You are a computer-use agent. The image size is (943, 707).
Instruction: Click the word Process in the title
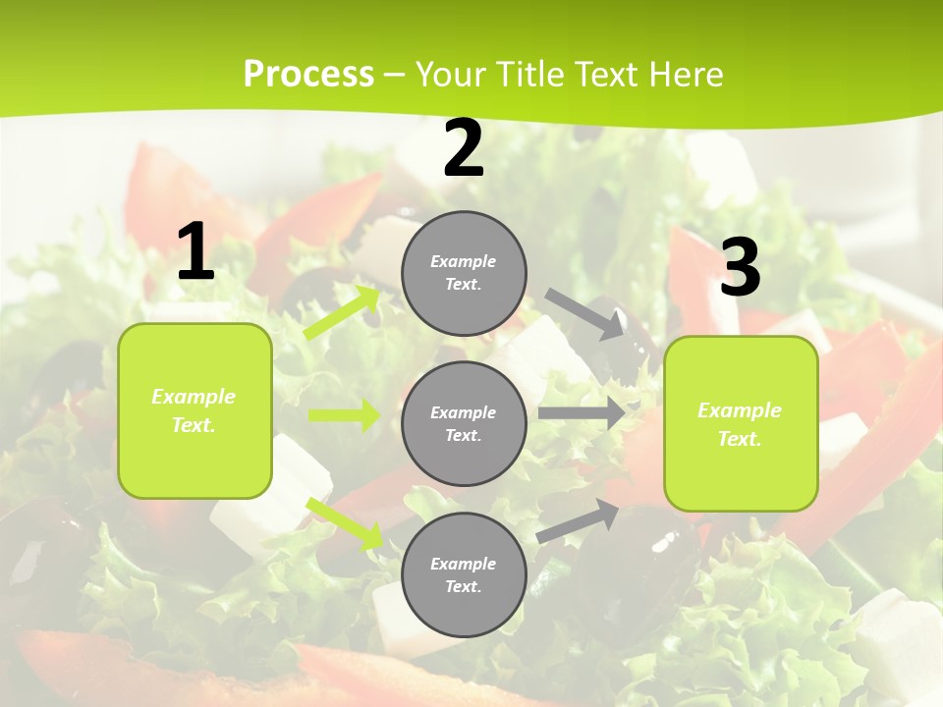click(308, 74)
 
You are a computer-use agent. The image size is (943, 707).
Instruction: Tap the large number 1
click(195, 252)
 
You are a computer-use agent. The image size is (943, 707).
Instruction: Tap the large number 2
click(464, 149)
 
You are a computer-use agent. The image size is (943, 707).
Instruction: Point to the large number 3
click(740, 267)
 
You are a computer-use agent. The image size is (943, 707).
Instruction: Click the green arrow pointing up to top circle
click(343, 312)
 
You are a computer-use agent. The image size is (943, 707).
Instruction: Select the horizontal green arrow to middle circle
click(344, 415)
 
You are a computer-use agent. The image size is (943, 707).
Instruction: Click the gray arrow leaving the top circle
click(585, 313)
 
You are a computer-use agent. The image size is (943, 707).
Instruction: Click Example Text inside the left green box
click(194, 410)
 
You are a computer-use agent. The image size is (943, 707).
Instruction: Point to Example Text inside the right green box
click(740, 424)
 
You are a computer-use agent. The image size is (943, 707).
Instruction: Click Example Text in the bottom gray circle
click(464, 575)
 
